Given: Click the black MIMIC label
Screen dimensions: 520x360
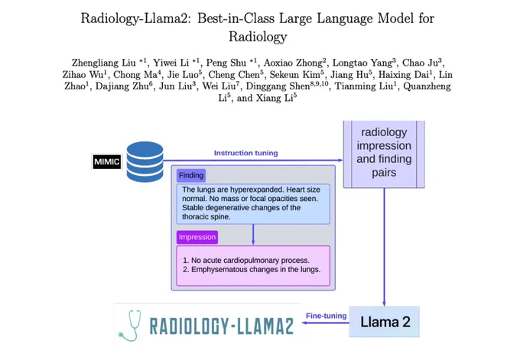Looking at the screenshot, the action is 107,162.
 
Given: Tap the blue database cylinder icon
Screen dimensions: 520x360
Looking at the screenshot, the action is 145,162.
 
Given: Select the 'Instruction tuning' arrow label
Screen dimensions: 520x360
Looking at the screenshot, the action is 245,153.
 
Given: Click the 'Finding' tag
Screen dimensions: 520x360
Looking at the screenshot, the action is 191,175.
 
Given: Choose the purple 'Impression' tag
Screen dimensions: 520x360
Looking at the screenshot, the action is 197,238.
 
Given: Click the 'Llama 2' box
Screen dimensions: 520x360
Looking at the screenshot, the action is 385,322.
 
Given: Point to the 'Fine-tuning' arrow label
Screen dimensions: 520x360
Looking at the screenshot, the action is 326,316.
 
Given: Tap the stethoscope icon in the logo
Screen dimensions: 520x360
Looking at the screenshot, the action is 130,326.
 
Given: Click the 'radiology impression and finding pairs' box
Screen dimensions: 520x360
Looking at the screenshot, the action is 384,154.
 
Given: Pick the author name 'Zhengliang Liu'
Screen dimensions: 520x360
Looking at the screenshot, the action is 104,63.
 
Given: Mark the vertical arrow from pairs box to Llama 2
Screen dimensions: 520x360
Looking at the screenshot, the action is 384,248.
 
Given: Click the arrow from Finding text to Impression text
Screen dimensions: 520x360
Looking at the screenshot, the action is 253,235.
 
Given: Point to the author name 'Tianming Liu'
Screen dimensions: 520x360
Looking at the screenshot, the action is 364,86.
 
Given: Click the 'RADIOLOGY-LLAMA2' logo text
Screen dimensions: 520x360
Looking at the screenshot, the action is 222,326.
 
